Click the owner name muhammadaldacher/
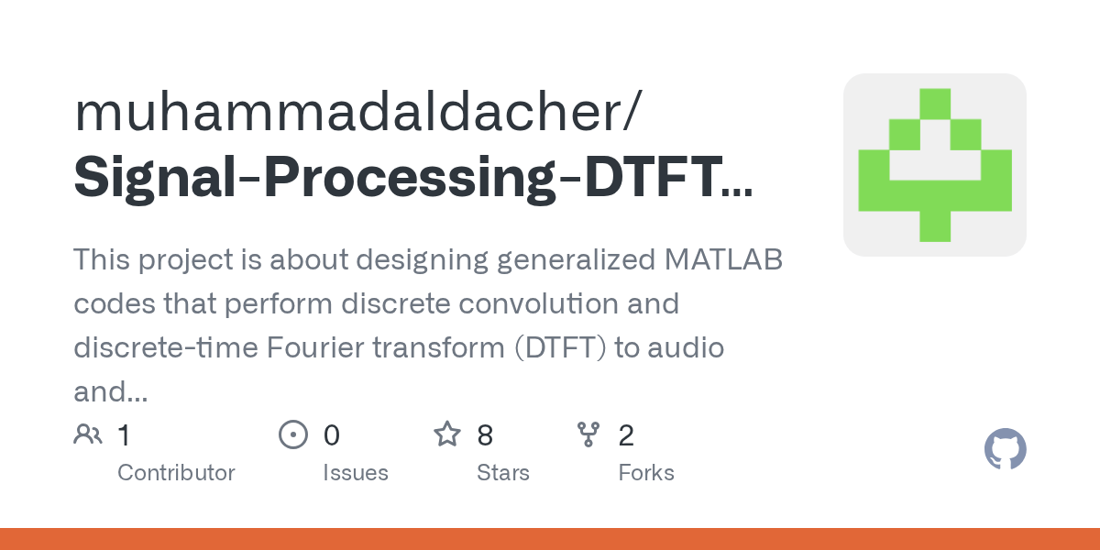click(358, 113)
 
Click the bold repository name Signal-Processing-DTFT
click(412, 177)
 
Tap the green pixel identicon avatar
click(934, 165)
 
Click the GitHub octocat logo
click(1005, 450)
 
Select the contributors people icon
click(88, 434)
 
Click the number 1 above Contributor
click(125, 435)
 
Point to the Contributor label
click(176, 473)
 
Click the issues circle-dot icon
click(292, 434)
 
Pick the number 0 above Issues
click(332, 435)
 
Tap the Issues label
click(356, 473)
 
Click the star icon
click(447, 434)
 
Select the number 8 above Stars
click(485, 435)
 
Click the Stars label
click(503, 473)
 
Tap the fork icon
click(588, 434)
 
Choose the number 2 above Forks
click(626, 435)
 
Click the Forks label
click(646, 473)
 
